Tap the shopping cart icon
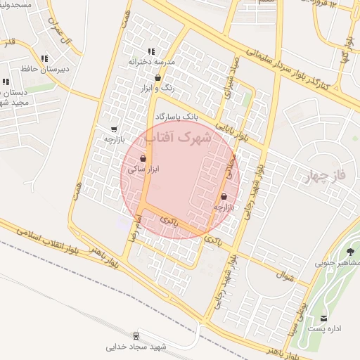click(114, 129)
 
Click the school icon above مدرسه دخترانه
click(151, 51)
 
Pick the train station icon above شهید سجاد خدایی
click(136, 335)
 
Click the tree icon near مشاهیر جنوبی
click(350, 252)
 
